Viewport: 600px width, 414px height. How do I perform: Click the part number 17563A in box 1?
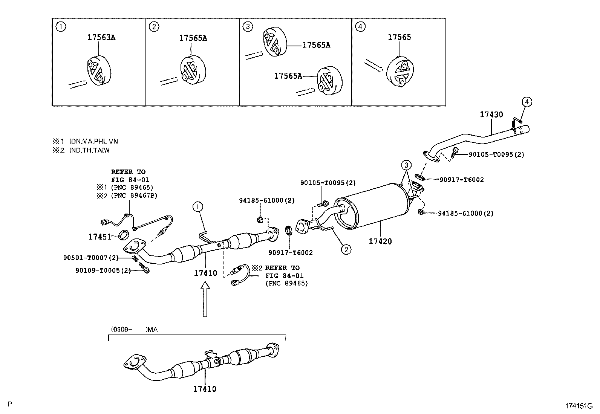101,38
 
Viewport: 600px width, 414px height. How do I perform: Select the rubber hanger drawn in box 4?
400,71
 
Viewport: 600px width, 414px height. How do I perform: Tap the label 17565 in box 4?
399,37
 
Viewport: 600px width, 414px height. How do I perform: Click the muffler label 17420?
380,241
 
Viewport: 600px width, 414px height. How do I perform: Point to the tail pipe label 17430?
491,115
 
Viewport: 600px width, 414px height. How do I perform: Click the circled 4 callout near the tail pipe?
527,102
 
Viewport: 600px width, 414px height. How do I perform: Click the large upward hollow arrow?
205,300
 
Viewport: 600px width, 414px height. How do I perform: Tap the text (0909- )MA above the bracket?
134,330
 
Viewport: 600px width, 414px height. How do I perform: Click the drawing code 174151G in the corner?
579,406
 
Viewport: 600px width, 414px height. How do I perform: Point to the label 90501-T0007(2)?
91,258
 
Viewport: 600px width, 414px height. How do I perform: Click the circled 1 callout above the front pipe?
197,206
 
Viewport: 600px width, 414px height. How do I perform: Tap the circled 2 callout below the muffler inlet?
346,249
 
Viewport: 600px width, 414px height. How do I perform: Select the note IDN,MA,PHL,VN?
93,142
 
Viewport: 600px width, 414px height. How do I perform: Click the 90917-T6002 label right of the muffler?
461,180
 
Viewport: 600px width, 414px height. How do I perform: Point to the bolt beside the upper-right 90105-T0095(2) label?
455,153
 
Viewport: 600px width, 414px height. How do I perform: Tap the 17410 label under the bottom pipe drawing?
205,389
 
